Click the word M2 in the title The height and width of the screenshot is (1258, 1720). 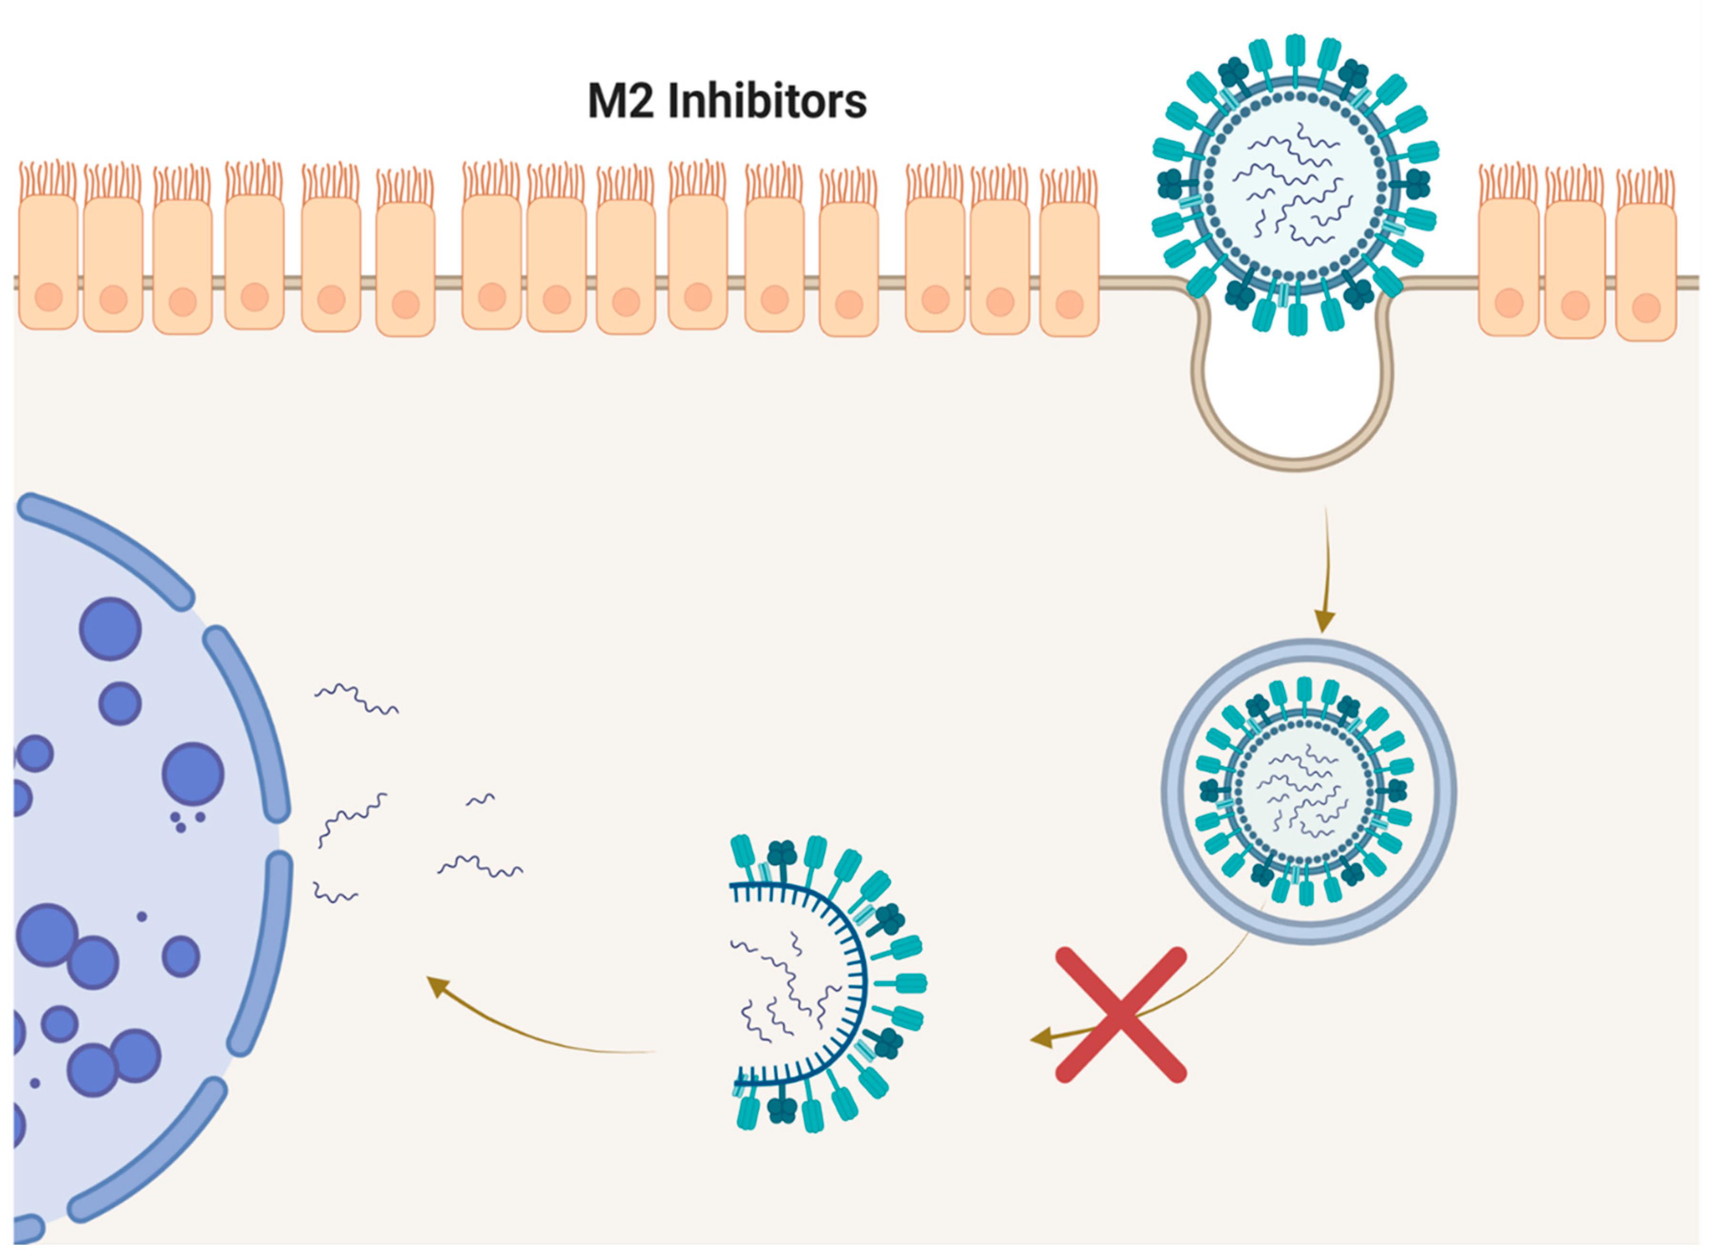tap(621, 101)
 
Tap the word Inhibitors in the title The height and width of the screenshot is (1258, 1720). tap(767, 101)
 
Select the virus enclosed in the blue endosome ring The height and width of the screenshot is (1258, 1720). tap(1307, 793)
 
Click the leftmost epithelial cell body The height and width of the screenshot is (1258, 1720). tap(48, 263)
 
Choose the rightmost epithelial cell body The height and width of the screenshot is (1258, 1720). tap(1645, 271)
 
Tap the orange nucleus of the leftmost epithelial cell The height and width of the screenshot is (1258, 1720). tap(49, 297)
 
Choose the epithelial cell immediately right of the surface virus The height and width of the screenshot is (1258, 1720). tap(1508, 267)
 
